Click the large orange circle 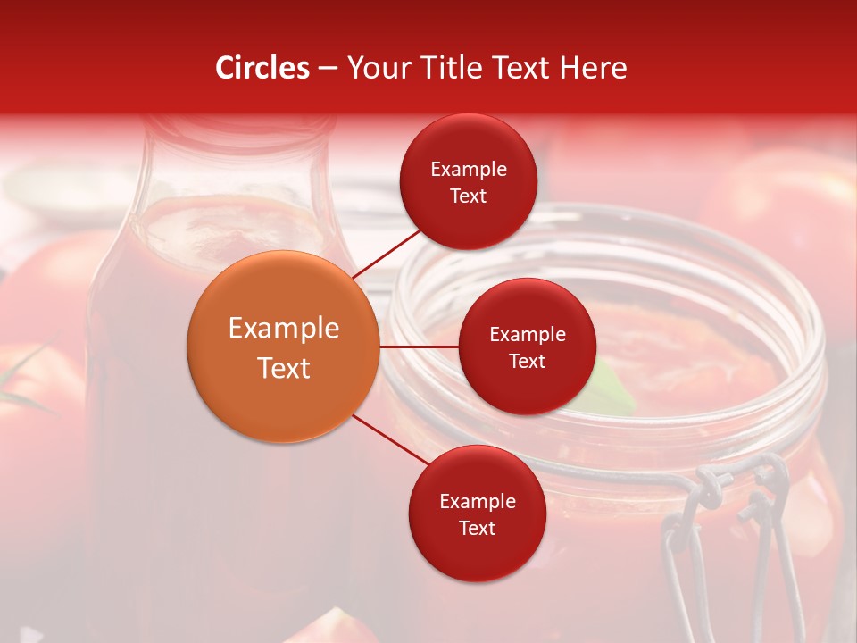click(283, 347)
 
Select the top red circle click(468, 181)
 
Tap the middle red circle click(527, 347)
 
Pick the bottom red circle click(477, 514)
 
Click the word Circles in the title click(262, 68)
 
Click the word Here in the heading click(595, 68)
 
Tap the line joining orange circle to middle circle click(419, 347)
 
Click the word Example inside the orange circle click(283, 328)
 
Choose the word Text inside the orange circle click(283, 368)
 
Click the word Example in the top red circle click(468, 169)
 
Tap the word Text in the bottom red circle click(477, 528)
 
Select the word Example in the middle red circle click(527, 334)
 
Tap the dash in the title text click(327, 69)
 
